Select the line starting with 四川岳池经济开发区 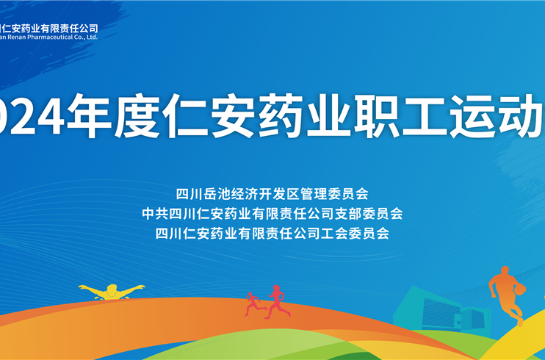point(272,194)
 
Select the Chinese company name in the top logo point(51,27)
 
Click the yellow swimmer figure point(111,291)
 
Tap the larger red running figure point(277,301)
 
